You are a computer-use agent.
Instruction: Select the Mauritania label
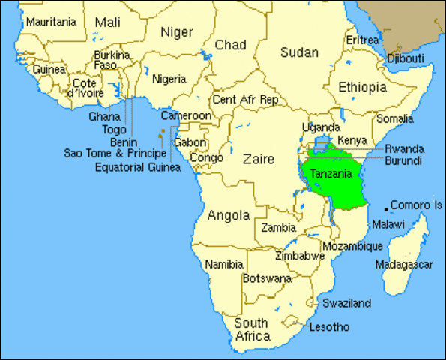click(51, 22)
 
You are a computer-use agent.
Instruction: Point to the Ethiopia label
click(362, 87)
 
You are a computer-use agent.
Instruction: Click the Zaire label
click(257, 158)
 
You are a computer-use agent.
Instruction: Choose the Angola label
click(228, 215)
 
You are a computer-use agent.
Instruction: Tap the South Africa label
click(252, 330)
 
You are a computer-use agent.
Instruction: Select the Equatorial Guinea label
click(138, 167)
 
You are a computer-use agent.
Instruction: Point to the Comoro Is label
click(417, 205)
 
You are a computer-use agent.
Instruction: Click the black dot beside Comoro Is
click(387, 207)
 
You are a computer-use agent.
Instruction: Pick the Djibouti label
click(406, 58)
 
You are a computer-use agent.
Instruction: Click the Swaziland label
click(346, 303)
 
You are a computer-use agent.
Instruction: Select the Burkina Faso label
click(112, 60)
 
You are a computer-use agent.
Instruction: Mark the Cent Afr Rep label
click(245, 99)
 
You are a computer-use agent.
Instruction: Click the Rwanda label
click(404, 148)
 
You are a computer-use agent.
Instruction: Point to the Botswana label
click(267, 277)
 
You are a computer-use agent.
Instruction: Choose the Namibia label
click(224, 264)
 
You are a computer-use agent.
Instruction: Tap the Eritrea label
click(362, 40)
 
